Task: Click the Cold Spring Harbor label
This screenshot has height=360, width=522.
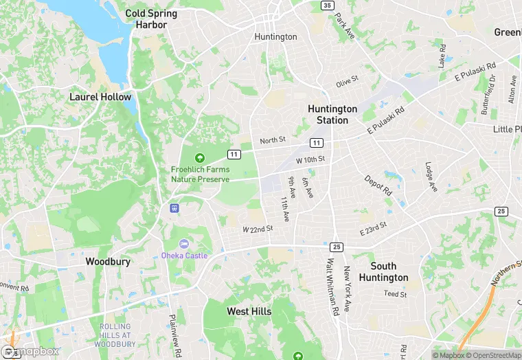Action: (151, 19)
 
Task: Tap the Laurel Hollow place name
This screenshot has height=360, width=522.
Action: (100, 97)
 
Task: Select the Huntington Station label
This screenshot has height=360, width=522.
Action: (332, 114)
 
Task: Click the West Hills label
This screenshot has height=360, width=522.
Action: (249, 311)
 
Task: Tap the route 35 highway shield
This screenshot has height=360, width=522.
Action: (326, 5)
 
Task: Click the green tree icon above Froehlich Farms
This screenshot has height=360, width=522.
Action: (201, 158)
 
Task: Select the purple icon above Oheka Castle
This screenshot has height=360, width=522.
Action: (183, 244)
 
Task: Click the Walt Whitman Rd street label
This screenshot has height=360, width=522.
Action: (333, 286)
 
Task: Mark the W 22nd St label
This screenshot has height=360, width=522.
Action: (258, 229)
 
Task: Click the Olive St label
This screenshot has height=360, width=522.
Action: (348, 84)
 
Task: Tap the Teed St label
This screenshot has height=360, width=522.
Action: (395, 294)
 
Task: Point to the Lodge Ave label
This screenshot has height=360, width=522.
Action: (431, 177)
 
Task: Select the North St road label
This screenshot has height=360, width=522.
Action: (272, 141)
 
